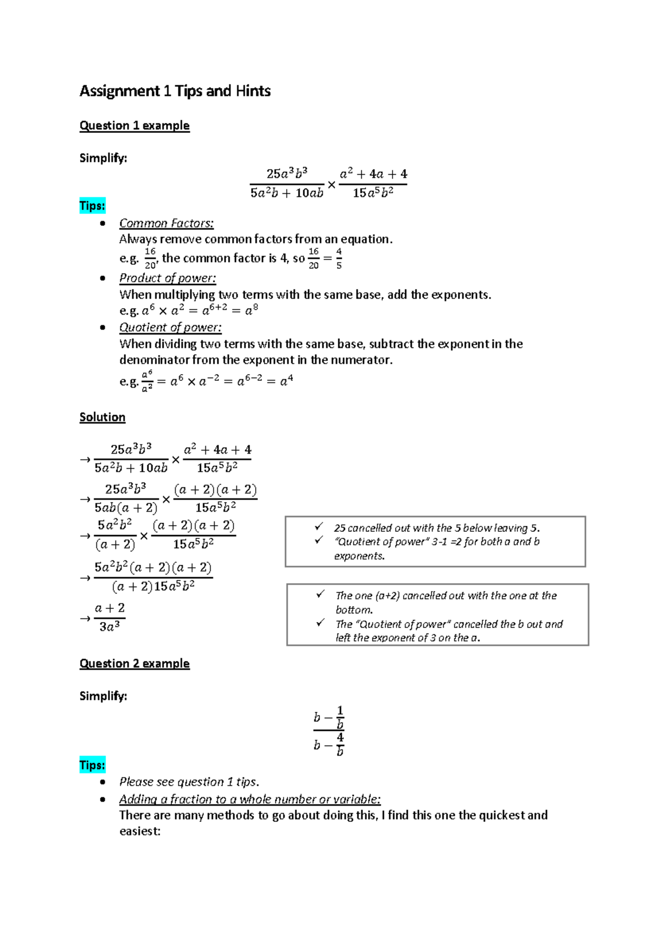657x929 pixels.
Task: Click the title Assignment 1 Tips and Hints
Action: coord(175,91)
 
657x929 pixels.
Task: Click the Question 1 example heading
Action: coord(134,126)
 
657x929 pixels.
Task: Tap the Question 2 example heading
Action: coord(134,664)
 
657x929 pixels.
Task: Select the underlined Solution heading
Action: coord(102,417)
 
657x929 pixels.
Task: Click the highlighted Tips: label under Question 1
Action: coord(92,206)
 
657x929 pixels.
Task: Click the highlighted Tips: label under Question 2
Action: coord(92,765)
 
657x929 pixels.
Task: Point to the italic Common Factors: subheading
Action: coord(166,223)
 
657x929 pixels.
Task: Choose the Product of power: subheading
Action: coord(168,278)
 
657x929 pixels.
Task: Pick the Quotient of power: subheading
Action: coord(170,327)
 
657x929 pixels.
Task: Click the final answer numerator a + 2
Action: coord(109,608)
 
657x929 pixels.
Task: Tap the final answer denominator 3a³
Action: coord(109,626)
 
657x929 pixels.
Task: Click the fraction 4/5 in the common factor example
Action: coord(339,258)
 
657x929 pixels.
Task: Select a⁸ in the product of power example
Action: coord(251,310)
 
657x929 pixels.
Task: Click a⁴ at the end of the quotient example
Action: coord(286,381)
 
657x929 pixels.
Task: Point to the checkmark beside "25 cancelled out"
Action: coord(319,527)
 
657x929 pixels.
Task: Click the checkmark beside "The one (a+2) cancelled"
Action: coord(320,594)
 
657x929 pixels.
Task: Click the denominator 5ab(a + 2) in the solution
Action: coord(125,508)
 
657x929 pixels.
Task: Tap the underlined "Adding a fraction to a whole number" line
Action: coord(250,799)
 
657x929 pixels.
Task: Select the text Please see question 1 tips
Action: coord(189,782)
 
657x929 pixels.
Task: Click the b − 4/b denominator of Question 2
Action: coord(328,745)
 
